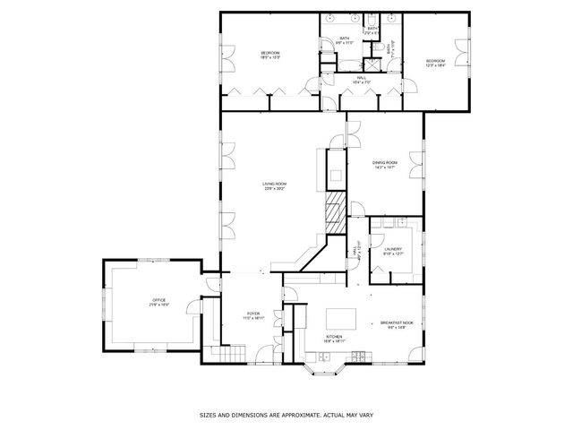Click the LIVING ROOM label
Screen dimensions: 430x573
click(274, 185)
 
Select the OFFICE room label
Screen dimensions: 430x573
click(159, 302)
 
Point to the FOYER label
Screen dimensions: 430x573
click(254, 315)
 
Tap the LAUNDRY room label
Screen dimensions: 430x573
click(393, 252)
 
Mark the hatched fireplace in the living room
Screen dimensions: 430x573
click(334, 213)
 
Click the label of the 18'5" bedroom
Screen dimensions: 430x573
click(270, 56)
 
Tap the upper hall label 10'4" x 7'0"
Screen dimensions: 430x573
click(362, 80)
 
